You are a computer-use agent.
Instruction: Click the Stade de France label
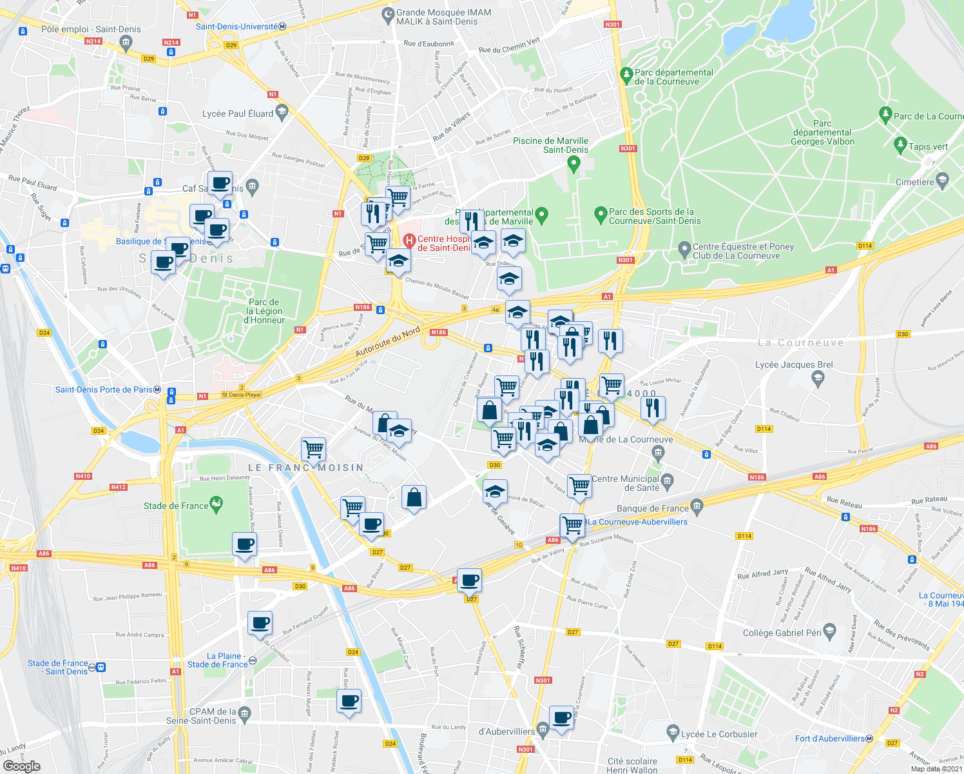pos(176,506)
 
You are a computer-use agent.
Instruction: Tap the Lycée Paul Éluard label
pos(238,114)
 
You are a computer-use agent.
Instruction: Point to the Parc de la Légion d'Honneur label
pos(264,311)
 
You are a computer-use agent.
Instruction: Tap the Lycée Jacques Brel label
pos(794,365)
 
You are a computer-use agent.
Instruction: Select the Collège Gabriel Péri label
pos(782,633)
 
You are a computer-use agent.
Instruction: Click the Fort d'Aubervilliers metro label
pos(829,739)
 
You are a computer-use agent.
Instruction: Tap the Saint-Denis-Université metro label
pos(237,26)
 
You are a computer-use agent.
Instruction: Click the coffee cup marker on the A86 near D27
pos(469,580)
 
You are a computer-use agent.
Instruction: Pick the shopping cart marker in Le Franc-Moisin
pos(313,448)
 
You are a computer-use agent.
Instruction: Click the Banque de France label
pos(653,508)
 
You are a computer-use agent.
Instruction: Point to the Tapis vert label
pos(928,146)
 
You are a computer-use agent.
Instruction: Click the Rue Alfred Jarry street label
pos(762,573)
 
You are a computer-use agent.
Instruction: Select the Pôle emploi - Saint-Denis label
pos(90,29)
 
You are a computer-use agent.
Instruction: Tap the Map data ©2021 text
pos(936,768)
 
